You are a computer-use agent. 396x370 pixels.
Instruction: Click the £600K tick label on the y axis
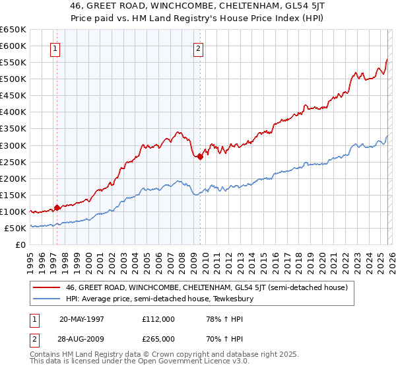click(13, 46)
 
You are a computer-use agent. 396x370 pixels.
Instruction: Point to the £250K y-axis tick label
click(13, 162)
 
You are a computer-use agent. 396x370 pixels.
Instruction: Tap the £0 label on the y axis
click(20, 244)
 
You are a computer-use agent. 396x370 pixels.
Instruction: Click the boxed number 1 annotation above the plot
click(55, 48)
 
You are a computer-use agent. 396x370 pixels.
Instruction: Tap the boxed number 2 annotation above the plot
click(199, 48)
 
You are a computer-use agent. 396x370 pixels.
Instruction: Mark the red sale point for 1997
click(57, 207)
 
